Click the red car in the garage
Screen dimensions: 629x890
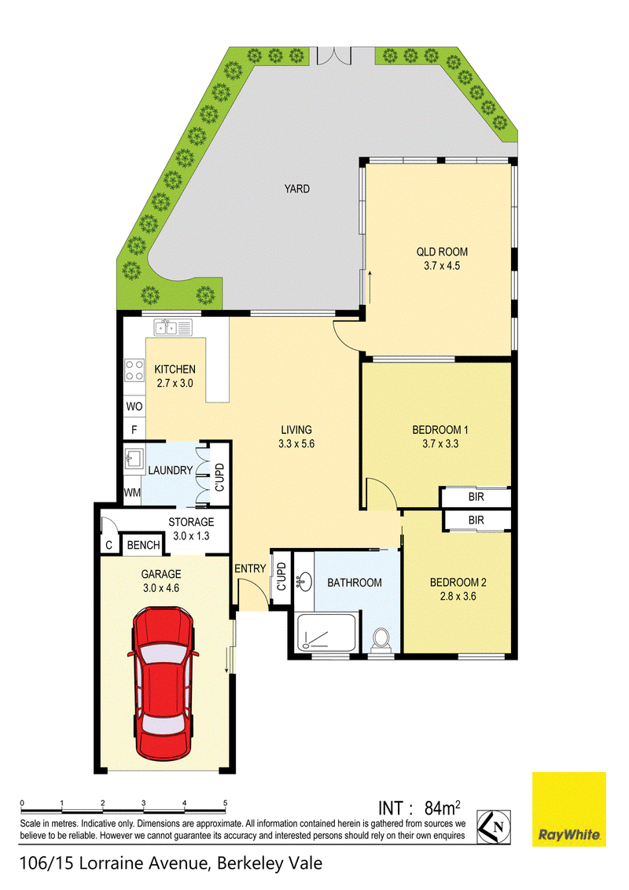[x=164, y=683]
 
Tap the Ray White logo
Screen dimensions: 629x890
[x=568, y=809]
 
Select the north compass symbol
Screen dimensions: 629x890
[x=493, y=826]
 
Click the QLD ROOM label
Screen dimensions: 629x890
[x=442, y=252]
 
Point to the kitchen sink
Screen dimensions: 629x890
[x=172, y=327]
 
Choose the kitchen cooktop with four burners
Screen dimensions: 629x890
[x=134, y=370]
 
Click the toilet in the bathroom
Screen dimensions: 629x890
[x=381, y=640]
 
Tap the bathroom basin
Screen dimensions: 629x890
[x=303, y=580]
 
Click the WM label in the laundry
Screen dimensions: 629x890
[x=132, y=493]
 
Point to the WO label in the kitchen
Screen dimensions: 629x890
[x=134, y=406]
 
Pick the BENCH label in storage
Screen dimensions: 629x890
[x=144, y=545]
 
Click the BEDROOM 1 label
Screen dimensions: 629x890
[x=440, y=430]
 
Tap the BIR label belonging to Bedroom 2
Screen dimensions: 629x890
[x=476, y=520]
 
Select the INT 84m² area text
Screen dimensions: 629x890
[x=420, y=807]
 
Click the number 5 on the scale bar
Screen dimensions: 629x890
[x=226, y=804]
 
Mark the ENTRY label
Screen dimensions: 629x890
[x=250, y=568]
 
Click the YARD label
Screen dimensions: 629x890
[x=297, y=189]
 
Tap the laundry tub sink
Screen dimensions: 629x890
[x=134, y=458]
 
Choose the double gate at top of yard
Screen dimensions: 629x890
[x=334, y=56]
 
